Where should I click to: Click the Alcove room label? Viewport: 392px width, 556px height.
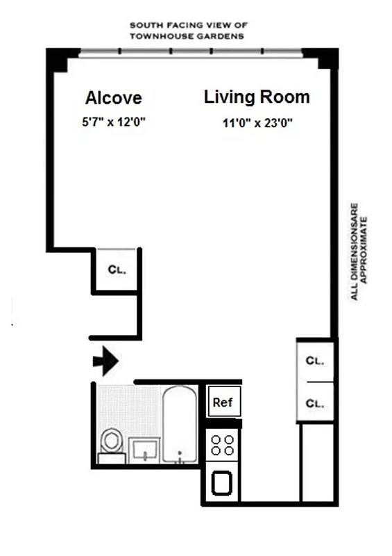pos(113,97)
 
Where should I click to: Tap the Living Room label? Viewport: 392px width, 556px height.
pos(256,97)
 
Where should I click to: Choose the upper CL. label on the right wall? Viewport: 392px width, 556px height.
pos(316,361)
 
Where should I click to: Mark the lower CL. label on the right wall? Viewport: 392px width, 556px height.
pos(316,402)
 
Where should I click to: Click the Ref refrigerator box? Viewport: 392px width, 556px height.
pos(222,402)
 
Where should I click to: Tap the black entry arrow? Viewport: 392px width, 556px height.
pos(105,361)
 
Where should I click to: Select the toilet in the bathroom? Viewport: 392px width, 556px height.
pos(110,443)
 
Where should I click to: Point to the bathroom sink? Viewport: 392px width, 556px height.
pos(144,450)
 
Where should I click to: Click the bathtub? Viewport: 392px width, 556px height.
pos(180,424)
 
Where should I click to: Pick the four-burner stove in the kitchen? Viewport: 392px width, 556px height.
pos(223,445)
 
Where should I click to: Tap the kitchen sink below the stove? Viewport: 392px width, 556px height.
pos(223,483)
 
